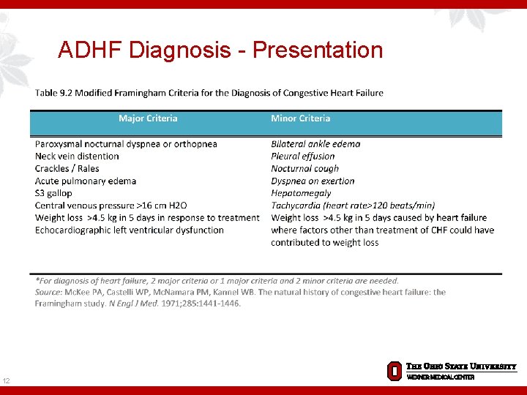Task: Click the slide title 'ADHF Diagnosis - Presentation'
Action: (x=220, y=50)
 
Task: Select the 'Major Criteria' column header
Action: (x=148, y=118)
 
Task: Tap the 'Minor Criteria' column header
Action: (x=300, y=118)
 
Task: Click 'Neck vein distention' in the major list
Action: (x=77, y=156)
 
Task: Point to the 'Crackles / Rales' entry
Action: (x=67, y=168)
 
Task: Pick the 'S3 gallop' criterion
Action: (x=53, y=193)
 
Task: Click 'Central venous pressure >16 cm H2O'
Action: (x=111, y=206)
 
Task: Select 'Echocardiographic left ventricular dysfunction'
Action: (x=130, y=230)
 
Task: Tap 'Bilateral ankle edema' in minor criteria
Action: (x=315, y=144)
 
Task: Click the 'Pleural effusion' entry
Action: (x=302, y=156)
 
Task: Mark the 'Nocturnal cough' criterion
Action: (x=304, y=168)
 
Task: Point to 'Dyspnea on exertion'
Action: (x=313, y=181)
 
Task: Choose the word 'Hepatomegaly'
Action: (x=301, y=193)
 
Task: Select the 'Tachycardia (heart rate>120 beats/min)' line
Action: (x=353, y=206)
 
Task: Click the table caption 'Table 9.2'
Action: (x=55, y=93)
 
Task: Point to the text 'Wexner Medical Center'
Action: (x=441, y=377)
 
